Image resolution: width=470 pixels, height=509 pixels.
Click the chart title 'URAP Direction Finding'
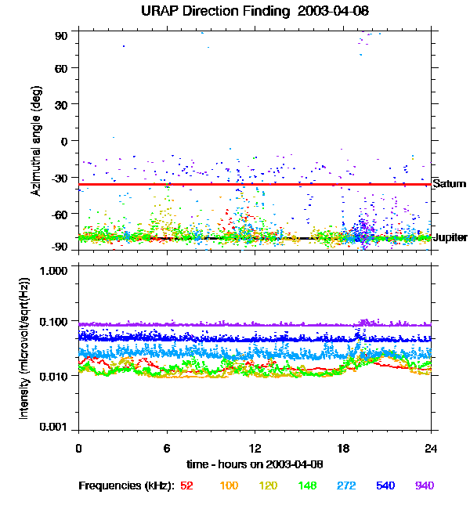215,12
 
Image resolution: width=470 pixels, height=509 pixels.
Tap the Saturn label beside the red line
449,184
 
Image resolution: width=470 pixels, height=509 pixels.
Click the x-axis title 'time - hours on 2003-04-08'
255,464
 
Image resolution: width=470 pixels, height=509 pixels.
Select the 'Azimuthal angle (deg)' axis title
36,141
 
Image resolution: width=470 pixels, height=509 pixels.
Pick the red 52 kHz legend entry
186,486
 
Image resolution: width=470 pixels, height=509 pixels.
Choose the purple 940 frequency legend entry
424,486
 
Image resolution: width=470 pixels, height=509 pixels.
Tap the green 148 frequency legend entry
308,486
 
